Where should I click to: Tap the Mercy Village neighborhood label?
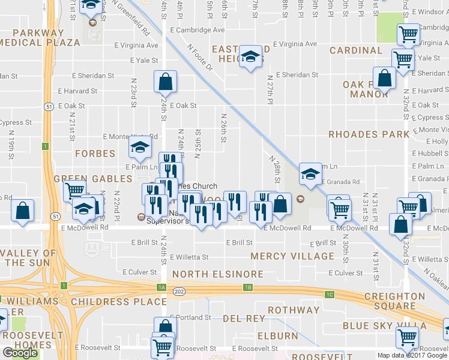[292, 256]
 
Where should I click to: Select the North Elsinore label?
[217, 274]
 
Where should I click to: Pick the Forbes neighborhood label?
[95, 154]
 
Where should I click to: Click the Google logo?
[20, 352]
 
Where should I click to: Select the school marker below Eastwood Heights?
[251, 57]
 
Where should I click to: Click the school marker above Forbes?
[140, 146]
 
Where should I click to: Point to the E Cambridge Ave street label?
[197, 29]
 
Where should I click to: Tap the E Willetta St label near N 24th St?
[189, 257]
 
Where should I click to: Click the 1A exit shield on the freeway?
[161, 287]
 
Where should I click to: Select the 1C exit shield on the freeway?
[330, 295]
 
